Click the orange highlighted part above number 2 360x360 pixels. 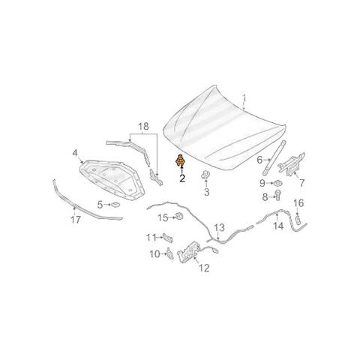(x=179, y=160)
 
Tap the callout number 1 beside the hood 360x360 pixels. (x=244, y=98)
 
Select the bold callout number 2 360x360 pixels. (x=182, y=178)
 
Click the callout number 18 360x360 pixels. (x=143, y=126)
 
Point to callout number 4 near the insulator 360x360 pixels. (x=75, y=153)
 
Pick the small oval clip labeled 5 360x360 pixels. (x=115, y=205)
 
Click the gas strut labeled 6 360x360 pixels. (x=274, y=158)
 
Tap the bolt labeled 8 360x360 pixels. (x=277, y=195)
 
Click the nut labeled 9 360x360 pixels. (x=277, y=183)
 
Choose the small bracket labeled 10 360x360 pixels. (x=170, y=253)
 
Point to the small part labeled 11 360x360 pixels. (x=168, y=238)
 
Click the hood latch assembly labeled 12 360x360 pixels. (x=189, y=251)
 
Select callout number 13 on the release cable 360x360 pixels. (x=219, y=228)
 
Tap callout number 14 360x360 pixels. (x=278, y=226)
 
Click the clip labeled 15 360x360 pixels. (x=179, y=216)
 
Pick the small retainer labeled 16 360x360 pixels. (x=298, y=219)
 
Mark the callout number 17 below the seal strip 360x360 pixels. (x=76, y=220)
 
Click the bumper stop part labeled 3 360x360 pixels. (x=205, y=175)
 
